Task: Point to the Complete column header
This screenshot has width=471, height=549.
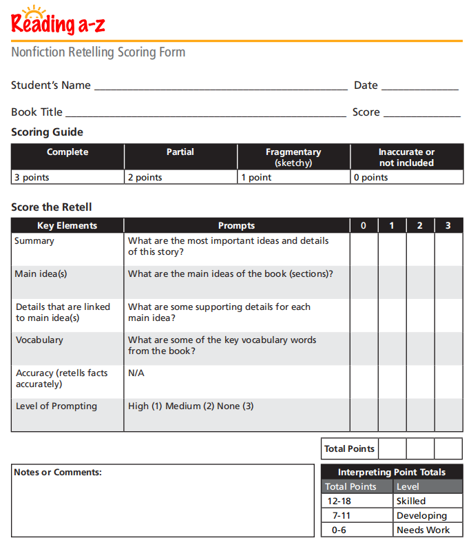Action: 67,152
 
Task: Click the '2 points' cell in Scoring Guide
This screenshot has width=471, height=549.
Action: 180,178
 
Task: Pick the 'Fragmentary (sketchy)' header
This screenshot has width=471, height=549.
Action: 293,157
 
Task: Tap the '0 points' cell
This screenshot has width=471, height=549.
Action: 406,178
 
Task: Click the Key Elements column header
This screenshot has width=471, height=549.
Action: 67,225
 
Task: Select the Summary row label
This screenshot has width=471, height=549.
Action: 34,241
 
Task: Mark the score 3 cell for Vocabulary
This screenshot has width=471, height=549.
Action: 448,349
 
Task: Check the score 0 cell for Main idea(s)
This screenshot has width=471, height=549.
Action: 364,282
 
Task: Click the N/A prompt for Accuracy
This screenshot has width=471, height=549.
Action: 136,373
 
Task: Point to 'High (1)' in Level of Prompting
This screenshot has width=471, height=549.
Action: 145,406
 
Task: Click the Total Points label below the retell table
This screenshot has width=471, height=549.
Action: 349,449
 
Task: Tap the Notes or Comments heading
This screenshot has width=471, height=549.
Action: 58,473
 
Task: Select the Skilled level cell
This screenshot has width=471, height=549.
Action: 428,501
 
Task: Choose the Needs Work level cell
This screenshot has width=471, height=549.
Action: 428,530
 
